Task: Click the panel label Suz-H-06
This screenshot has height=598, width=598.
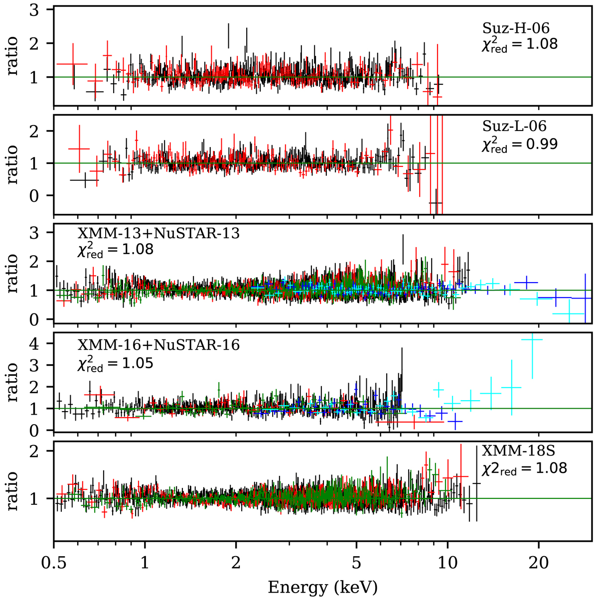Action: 512,28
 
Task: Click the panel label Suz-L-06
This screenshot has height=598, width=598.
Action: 512,127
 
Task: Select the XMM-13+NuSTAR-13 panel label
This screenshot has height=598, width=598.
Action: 158,233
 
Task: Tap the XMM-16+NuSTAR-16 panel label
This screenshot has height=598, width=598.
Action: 158,345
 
